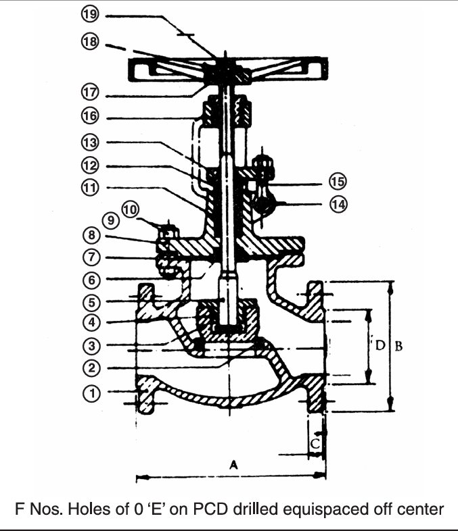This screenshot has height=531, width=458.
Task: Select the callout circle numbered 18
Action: [91, 42]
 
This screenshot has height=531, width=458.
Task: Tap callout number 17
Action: [91, 88]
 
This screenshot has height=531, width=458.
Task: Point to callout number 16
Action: [91, 116]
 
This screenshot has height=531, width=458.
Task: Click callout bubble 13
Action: [91, 142]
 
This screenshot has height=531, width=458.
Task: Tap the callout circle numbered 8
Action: [91, 235]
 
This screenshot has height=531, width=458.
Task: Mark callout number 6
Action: [91, 279]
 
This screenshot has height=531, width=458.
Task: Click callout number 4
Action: [91, 322]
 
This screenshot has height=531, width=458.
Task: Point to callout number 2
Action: [91, 368]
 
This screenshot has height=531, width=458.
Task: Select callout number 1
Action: [91, 391]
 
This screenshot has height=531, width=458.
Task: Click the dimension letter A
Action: [234, 465]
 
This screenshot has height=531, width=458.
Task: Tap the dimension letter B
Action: [399, 346]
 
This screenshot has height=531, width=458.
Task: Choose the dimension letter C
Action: [315, 444]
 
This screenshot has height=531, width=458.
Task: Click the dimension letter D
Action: [380, 346]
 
